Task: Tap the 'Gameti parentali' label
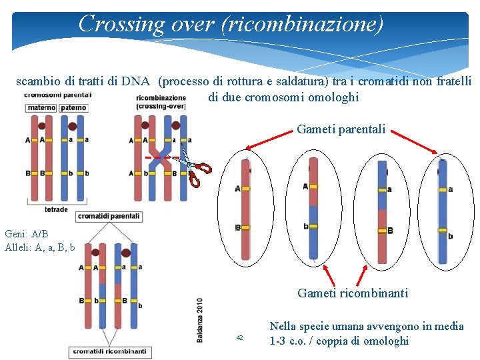tap(341, 129)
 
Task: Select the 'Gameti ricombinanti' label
tap(353, 293)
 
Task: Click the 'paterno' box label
tap(73, 108)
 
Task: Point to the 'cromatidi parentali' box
tap(109, 216)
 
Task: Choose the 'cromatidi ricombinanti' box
tap(109, 351)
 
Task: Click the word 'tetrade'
tap(56, 209)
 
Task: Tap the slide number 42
tap(240, 339)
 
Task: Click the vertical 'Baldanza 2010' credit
tap(199, 320)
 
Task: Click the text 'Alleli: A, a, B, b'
tap(39, 247)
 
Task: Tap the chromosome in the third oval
tap(382, 211)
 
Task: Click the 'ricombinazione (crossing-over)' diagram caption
tap(161, 102)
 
